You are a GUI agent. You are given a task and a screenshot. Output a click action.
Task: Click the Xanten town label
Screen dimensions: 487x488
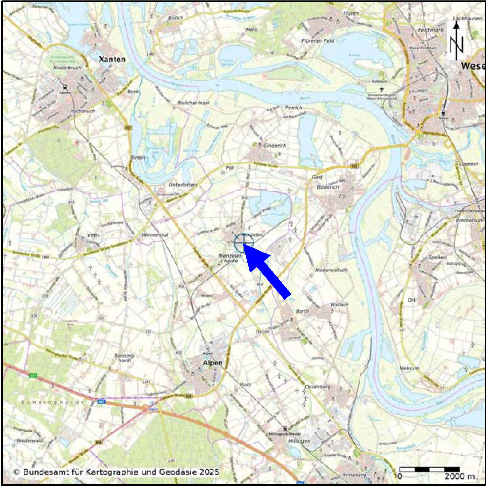tap(112, 59)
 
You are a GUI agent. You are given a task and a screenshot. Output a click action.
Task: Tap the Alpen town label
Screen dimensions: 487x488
tap(213, 363)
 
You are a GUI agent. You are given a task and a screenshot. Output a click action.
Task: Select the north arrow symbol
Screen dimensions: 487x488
tap(456, 40)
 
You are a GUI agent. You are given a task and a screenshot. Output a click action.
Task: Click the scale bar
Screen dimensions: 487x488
tap(429, 469)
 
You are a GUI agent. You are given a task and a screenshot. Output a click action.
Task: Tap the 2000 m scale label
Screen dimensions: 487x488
tap(460, 476)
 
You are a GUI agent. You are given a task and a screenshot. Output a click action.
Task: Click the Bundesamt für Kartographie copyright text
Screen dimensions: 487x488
tap(116, 472)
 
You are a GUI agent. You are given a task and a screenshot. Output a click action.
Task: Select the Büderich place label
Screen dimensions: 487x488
tap(328, 187)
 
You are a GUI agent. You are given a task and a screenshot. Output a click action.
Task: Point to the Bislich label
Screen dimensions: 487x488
tap(176, 18)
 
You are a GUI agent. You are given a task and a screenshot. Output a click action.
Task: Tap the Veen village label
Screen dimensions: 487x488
tap(93, 235)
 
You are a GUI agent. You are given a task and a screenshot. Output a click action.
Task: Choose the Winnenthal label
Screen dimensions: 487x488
tap(155, 234)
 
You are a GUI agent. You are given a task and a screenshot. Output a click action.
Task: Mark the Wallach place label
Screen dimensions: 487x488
tap(340, 305)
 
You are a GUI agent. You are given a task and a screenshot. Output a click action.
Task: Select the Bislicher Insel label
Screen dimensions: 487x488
tap(194, 103)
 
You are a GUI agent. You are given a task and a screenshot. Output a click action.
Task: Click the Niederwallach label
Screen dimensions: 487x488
tap(331, 270)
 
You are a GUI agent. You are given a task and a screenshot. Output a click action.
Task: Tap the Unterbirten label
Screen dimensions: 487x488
tap(183, 185)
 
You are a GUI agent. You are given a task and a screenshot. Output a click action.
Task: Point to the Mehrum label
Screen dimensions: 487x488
tap(409, 368)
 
